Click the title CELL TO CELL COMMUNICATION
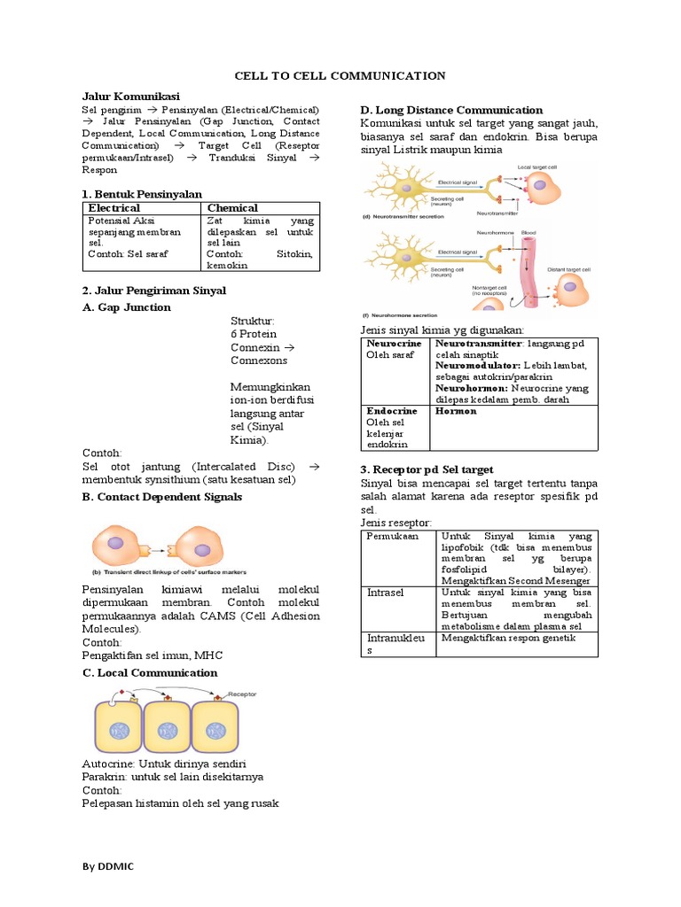tap(340, 76)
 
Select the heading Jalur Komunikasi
tap(130, 95)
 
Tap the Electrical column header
tap(115, 207)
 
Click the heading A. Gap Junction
tap(127, 307)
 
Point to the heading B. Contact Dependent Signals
tap(161, 497)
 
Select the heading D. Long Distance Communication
tap(451, 110)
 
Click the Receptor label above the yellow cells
tap(246, 695)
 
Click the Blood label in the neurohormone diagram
tap(528, 232)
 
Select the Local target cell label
tap(536, 167)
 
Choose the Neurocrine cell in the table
tap(392, 342)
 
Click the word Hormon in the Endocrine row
tap(456, 412)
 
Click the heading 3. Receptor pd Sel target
tap(427, 469)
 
